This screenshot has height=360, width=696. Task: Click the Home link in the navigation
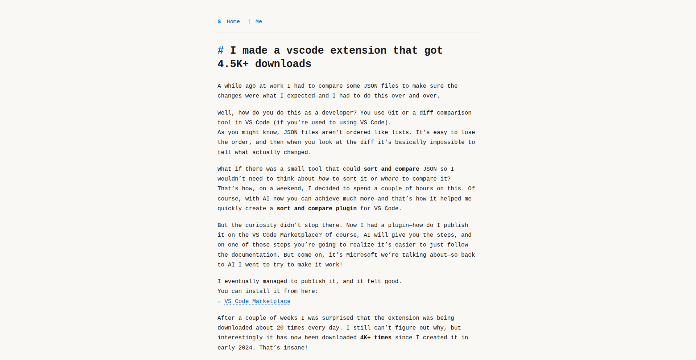[x=233, y=22]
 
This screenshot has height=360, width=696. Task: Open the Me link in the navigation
[x=258, y=22]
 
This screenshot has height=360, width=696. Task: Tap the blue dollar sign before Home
[x=219, y=22]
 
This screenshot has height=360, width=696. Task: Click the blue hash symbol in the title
[x=221, y=50]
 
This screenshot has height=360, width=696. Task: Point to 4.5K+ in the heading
[x=233, y=64]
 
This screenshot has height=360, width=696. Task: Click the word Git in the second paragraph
[x=393, y=113]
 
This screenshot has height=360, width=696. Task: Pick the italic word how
[x=324, y=179]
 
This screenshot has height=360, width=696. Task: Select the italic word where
[x=390, y=179]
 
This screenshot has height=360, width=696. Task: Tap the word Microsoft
[x=361, y=255]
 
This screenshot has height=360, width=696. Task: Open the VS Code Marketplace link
[x=257, y=301]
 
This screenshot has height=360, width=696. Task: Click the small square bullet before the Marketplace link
[x=219, y=302]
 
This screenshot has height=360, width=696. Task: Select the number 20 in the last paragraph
[x=280, y=328]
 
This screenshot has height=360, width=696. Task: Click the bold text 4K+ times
[x=376, y=338]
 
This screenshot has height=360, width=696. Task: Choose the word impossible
[x=447, y=142]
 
